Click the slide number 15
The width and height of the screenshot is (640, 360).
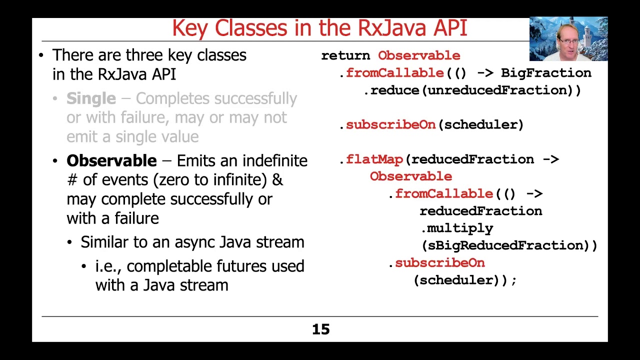(320, 329)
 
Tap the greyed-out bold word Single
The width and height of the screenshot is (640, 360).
(91, 98)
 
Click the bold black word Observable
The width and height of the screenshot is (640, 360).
(111, 160)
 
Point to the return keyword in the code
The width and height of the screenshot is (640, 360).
(345, 55)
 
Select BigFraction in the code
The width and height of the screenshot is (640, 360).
(546, 73)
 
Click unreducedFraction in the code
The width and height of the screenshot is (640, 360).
(499, 90)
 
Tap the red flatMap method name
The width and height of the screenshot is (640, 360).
(374, 159)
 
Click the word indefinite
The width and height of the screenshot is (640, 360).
(274, 160)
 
